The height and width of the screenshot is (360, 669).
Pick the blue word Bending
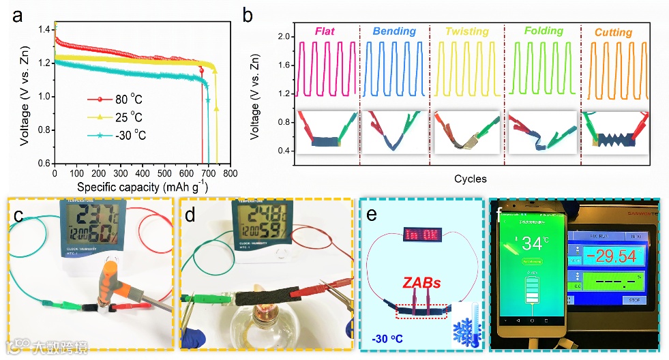[394, 31]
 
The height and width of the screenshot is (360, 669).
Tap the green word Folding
[544, 31]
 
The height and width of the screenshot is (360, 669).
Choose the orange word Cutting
[613, 32]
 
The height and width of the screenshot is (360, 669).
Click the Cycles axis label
[470, 179]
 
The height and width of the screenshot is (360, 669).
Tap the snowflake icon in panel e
[466, 330]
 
